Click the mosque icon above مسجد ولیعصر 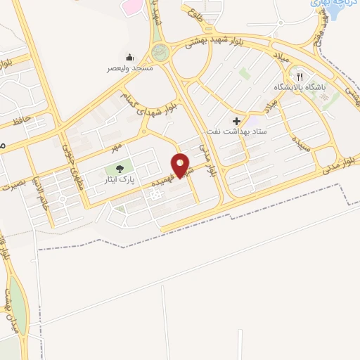[129, 57]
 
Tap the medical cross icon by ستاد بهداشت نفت [236, 121]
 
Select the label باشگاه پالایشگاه [300, 87]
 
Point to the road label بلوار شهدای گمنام [148, 101]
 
